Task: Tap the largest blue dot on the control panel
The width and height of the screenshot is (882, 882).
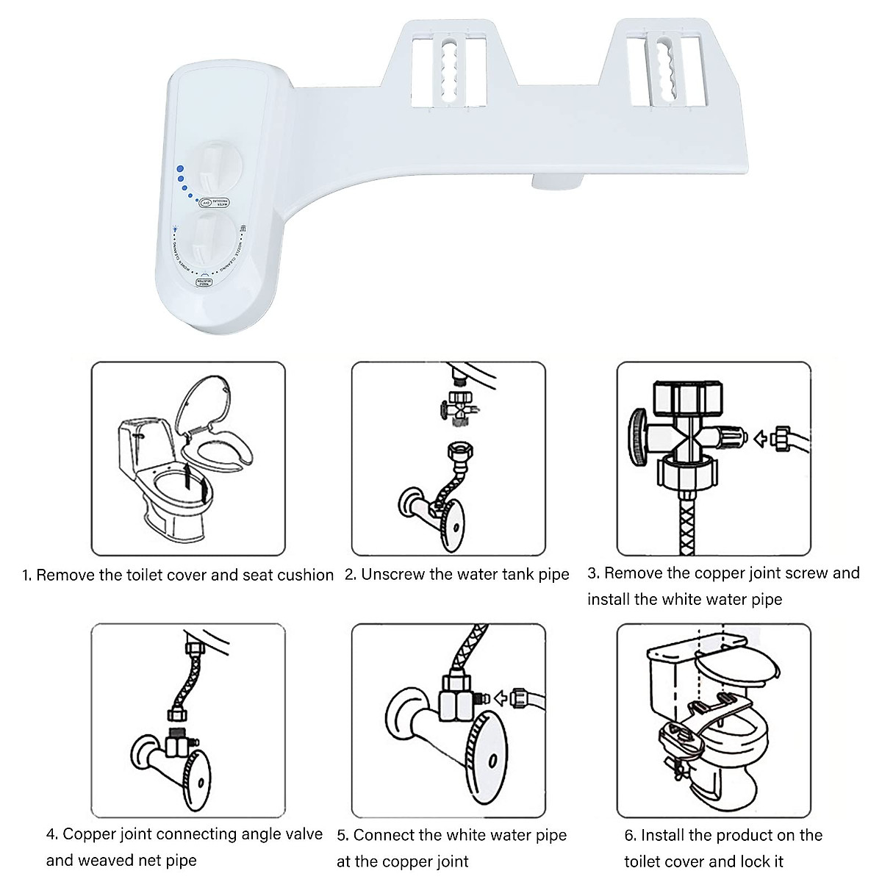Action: [x=178, y=166]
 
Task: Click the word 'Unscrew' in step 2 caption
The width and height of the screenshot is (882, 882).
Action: [x=392, y=574]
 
